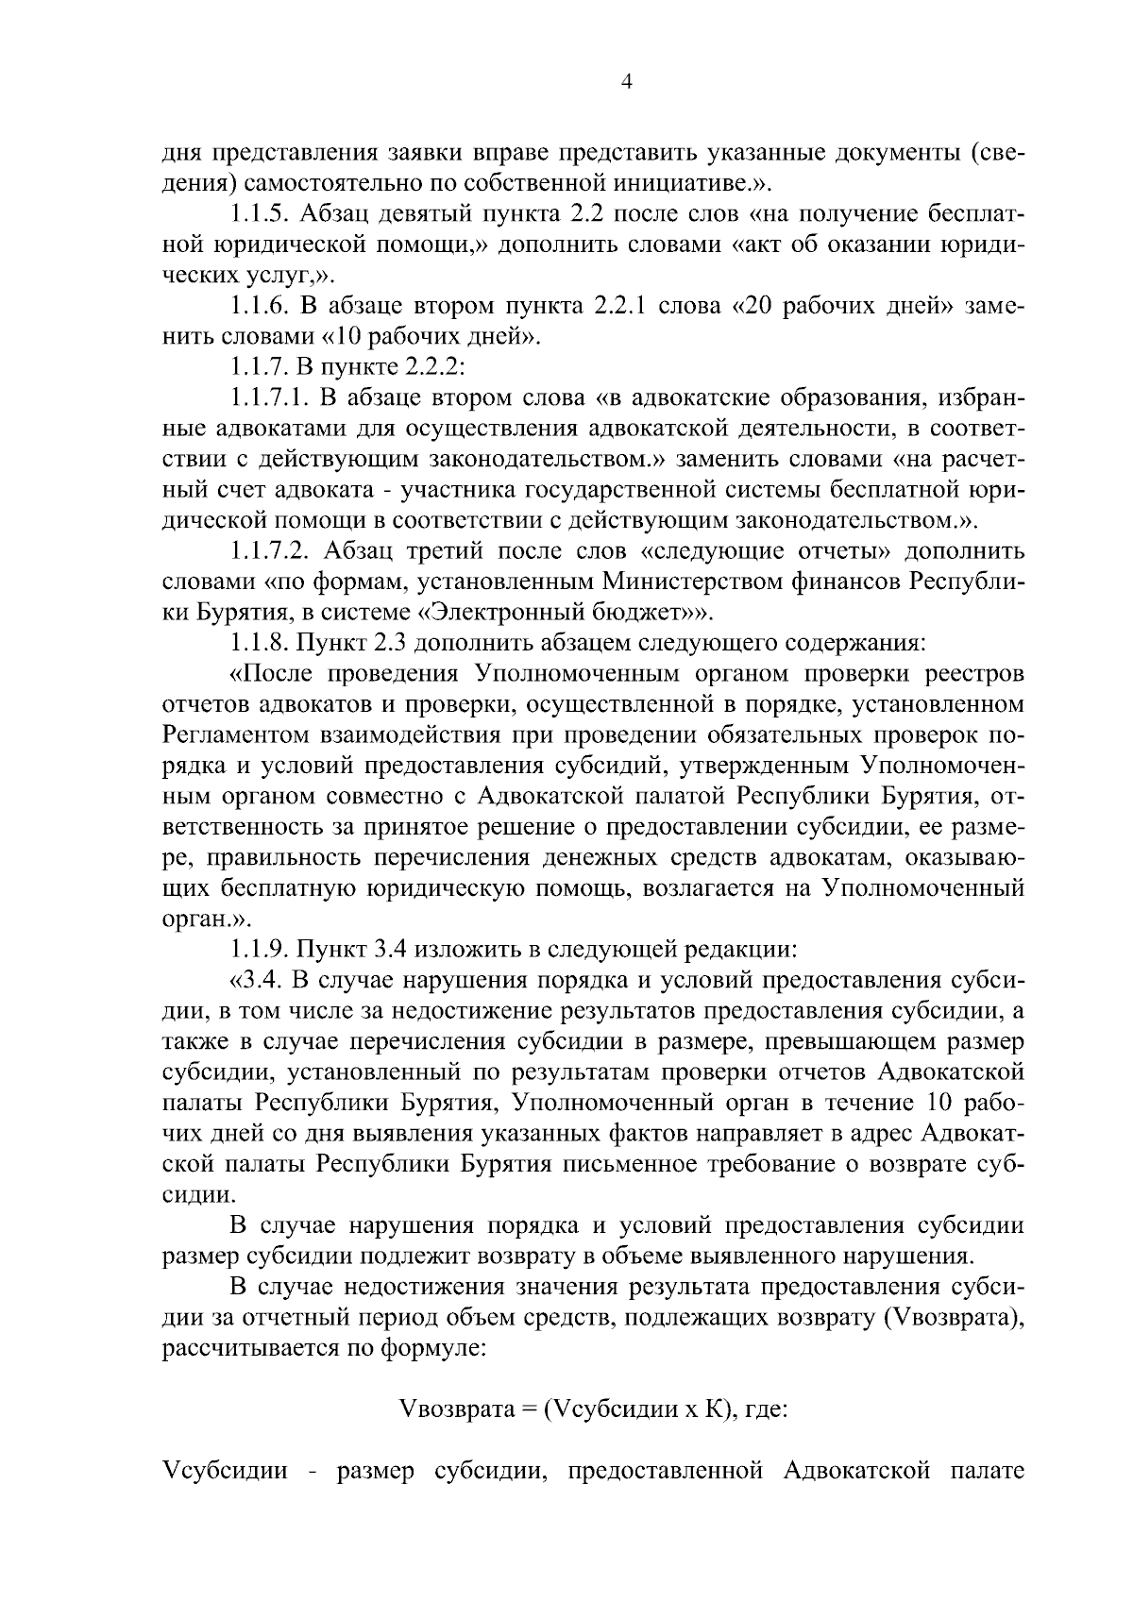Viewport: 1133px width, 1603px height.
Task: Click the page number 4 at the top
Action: coord(625,82)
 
